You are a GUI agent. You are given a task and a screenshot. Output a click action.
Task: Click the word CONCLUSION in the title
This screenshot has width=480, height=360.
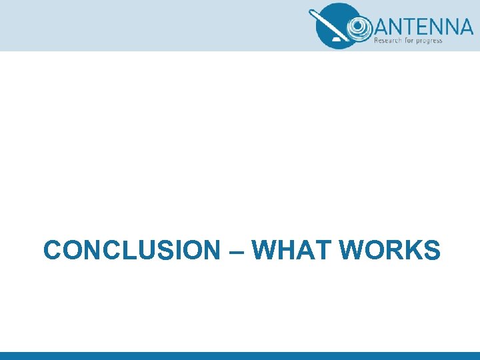[131, 251]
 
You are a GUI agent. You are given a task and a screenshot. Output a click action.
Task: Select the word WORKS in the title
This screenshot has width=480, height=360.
[389, 251]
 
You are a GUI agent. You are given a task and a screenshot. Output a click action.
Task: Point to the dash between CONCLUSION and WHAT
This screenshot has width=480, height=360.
[235, 252]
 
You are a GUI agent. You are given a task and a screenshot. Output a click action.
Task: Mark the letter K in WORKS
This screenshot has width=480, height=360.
[409, 251]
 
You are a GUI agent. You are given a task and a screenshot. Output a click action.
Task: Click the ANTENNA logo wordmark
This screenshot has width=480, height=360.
[423, 26]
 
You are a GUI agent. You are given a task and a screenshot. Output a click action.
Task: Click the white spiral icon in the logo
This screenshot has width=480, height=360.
[358, 27]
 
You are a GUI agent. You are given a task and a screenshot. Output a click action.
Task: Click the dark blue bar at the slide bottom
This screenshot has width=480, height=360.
[240, 355]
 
